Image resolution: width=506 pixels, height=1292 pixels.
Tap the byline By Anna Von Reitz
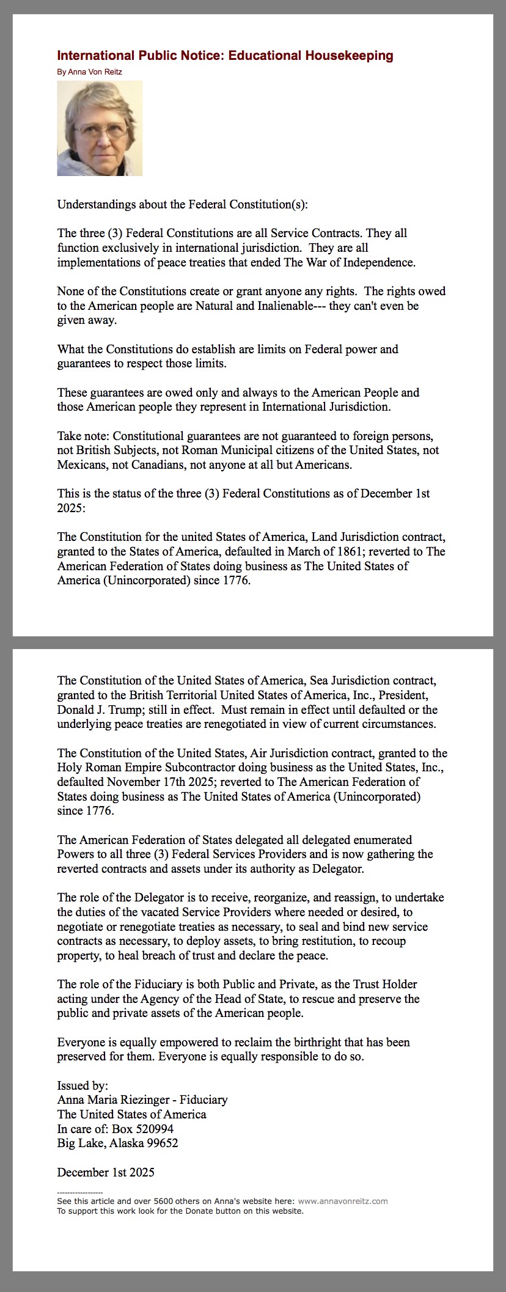tap(89, 72)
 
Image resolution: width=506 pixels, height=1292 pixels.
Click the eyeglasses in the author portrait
tap(101, 130)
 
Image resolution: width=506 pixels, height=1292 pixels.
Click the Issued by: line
tap(82, 1085)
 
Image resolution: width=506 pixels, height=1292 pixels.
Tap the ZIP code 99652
tap(161, 1143)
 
